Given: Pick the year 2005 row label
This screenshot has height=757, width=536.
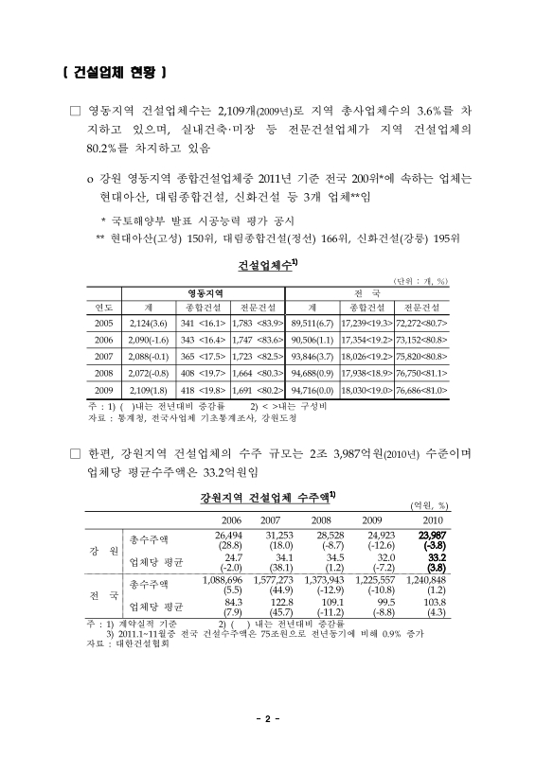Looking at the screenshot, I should coord(102,323).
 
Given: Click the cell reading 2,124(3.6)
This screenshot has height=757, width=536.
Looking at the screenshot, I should coord(147,323).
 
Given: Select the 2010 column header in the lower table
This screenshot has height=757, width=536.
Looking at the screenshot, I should coord(432,520).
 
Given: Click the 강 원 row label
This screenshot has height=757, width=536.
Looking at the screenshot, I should coord(102,552).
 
